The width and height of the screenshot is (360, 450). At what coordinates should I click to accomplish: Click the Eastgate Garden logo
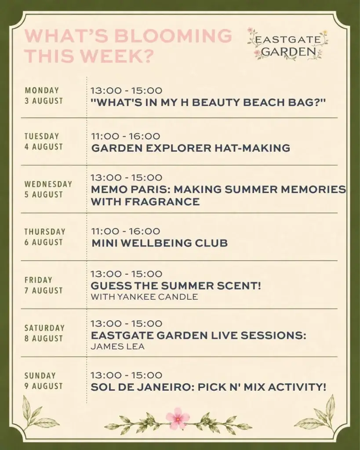pos(287,44)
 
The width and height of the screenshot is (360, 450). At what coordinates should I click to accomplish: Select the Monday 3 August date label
pos(44,95)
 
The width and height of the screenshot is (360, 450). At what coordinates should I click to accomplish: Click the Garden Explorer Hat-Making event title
pos(191,148)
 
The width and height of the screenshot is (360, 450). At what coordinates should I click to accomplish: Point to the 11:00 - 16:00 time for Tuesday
pos(125,136)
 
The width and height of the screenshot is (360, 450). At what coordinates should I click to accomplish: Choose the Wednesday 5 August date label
pos(48,189)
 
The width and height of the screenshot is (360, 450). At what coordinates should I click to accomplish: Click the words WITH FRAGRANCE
pos(145,201)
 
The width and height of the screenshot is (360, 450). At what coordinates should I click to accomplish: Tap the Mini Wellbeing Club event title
pos(160,243)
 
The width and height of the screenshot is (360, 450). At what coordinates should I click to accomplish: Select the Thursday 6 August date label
pos(45,237)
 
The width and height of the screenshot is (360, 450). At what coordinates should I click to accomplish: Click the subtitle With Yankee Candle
pos(145,297)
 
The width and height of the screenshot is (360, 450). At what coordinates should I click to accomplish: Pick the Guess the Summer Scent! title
pos(176,286)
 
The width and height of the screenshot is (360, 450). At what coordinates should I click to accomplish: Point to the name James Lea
pos(117,346)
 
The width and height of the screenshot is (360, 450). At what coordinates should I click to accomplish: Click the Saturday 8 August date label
pos(44,333)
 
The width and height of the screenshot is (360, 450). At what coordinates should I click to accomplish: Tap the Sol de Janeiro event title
pos(208,387)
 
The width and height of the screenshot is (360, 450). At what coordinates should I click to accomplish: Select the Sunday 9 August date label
pos(44,381)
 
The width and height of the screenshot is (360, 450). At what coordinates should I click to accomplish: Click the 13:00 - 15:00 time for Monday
pos(126,91)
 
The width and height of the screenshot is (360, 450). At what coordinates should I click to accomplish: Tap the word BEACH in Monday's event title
pos(263,102)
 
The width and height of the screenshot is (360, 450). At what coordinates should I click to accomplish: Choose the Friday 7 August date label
pos(44,285)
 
